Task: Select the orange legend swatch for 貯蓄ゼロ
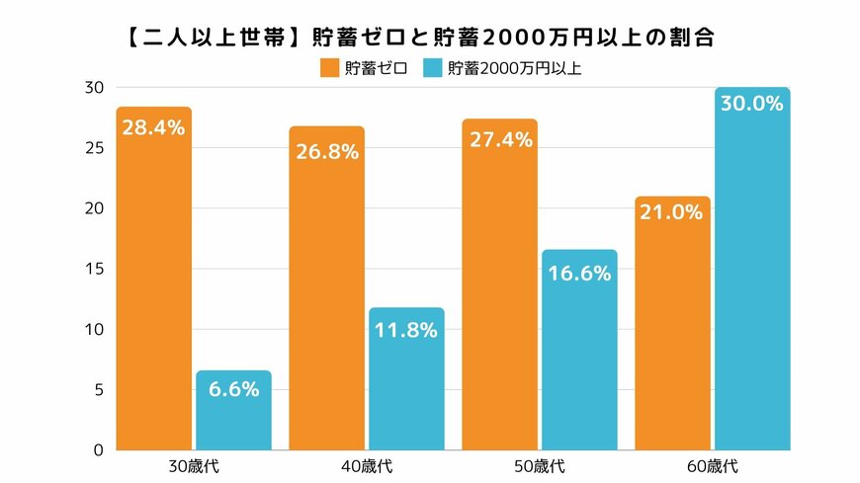(329, 68)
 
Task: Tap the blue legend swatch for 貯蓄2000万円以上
(433, 68)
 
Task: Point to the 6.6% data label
(233, 389)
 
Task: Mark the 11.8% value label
(406, 330)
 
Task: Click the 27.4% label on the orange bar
(499, 140)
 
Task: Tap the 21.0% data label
(672, 211)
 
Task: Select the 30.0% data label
(752, 104)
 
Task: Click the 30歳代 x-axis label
(193, 465)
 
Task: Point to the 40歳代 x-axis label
(366, 465)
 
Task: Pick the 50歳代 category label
(539, 465)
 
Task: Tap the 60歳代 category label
(712, 465)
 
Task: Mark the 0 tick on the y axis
(96, 449)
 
